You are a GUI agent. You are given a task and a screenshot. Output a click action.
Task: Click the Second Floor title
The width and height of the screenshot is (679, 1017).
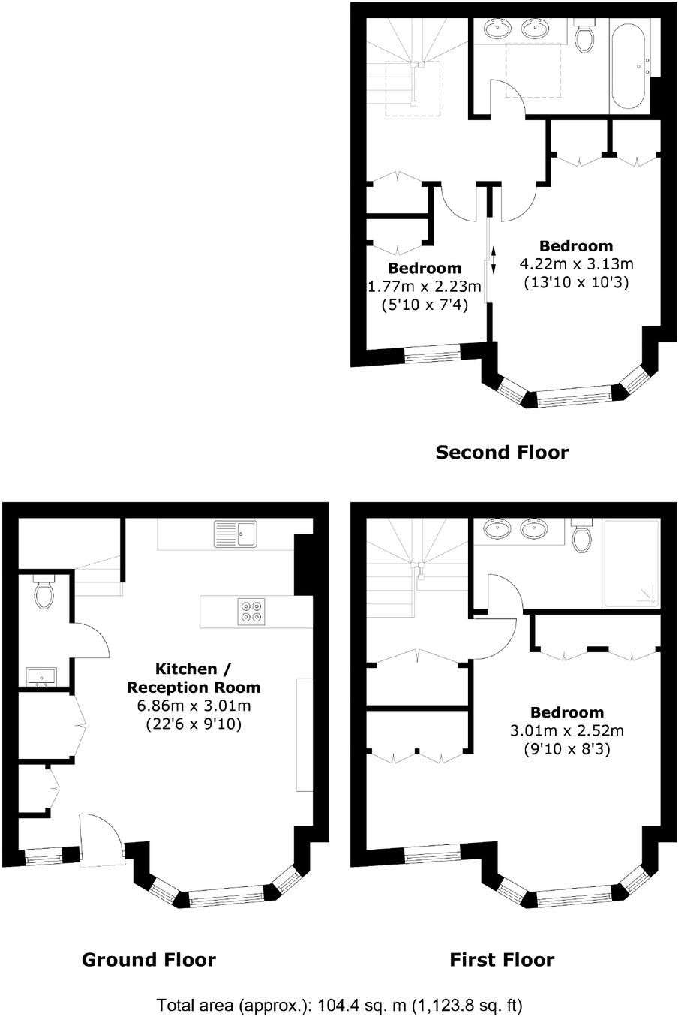pyautogui.click(x=502, y=452)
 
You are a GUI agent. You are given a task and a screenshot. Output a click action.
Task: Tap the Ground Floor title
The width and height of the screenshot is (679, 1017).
pyautogui.click(x=148, y=959)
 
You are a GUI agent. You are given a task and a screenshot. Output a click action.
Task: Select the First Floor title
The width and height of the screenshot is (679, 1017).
pyautogui.click(x=502, y=959)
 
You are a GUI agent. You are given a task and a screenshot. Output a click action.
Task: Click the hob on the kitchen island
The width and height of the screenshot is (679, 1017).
pyautogui.click(x=251, y=611)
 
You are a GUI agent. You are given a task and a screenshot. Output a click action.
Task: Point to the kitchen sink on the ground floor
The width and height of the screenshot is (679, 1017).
pyautogui.click(x=236, y=534)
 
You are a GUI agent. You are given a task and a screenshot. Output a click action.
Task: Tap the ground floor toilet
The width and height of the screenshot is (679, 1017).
pyautogui.click(x=45, y=592)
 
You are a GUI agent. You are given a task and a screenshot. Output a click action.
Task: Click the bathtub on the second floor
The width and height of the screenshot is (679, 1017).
pyautogui.click(x=628, y=67)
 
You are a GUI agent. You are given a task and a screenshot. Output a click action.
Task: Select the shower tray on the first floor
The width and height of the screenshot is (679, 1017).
pyautogui.click(x=631, y=564)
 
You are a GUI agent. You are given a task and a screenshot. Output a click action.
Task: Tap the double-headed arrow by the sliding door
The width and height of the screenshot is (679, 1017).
pyautogui.click(x=494, y=259)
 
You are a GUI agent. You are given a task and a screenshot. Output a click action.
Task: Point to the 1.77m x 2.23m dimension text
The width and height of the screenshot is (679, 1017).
pyautogui.click(x=424, y=287)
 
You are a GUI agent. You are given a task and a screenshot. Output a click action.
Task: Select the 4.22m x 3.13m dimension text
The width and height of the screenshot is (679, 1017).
pyautogui.click(x=576, y=264)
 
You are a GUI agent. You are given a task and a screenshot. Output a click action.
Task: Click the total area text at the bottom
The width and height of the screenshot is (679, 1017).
pyautogui.click(x=339, y=1004)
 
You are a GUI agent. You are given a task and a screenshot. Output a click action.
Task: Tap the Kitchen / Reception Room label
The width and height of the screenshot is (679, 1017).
pyautogui.click(x=194, y=677)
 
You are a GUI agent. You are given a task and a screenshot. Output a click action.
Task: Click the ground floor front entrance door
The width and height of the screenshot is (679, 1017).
pyautogui.click(x=101, y=839)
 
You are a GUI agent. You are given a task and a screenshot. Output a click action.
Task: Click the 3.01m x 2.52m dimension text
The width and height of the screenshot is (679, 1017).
pyautogui.click(x=566, y=730)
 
